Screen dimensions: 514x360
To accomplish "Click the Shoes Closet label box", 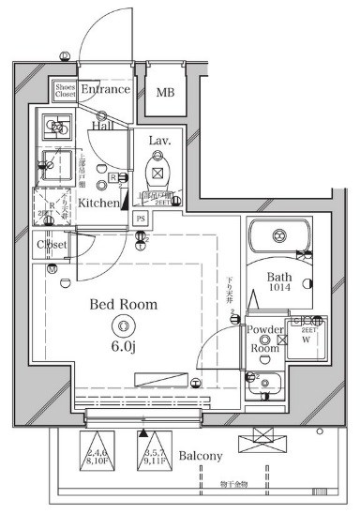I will click(x=65, y=90).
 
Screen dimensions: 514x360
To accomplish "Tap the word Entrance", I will click(x=105, y=90).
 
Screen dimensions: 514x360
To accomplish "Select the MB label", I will click(x=165, y=92).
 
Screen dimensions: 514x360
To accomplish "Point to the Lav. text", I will click(x=158, y=139).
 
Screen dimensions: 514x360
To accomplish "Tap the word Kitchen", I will click(x=98, y=203).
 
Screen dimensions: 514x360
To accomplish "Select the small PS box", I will click(x=141, y=219).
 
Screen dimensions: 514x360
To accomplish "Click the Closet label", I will click(x=51, y=245).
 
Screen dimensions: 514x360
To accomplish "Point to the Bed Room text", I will click(x=123, y=305).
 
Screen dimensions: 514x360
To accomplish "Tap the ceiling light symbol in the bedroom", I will click(x=123, y=325).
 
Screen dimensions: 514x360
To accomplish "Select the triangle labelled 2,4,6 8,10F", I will click(x=97, y=451).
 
